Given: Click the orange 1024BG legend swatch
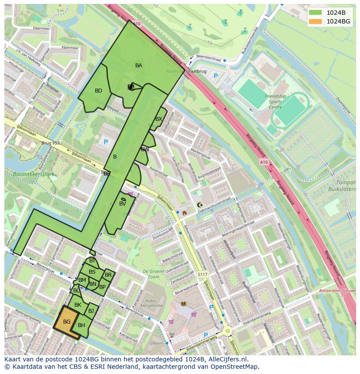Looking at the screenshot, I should pos(316,21).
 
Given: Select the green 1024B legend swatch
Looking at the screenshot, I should pos(316,13).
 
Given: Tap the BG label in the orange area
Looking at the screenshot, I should pos(67,322).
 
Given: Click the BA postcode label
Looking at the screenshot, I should pos(139,66).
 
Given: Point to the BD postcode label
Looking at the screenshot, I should pos(98,91).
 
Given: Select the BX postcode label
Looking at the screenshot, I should pos(159,119).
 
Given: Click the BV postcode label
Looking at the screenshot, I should pos(123,204).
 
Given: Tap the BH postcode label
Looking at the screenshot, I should pos(81,325).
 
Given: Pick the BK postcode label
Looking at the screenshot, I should pos(78,305).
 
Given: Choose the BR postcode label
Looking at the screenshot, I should pos(108,275).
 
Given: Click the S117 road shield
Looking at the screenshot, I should pos(202,275).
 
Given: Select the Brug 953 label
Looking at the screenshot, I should pos(50,142).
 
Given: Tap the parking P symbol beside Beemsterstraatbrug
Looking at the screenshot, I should pos(216,76).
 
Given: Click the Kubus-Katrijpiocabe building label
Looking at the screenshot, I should pos(151,303).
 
